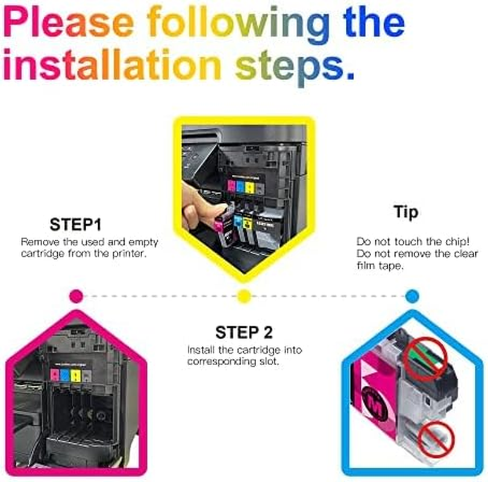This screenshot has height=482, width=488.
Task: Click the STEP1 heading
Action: pos(76,224)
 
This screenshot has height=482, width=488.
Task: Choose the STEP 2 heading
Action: pos(244,332)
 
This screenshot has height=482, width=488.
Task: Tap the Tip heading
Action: pos(405,213)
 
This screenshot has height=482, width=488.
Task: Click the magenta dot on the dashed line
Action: pos(77,296)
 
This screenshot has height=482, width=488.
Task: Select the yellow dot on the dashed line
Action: pos(244,296)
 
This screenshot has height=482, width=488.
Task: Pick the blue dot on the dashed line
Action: pos(412,296)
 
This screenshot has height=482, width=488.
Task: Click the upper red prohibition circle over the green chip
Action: pos(425,358)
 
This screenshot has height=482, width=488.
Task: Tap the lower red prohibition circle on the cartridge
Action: pos(436,439)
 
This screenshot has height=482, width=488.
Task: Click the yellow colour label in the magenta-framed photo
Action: pos(76,375)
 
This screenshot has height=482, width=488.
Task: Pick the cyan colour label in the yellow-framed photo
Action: pos(240,187)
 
